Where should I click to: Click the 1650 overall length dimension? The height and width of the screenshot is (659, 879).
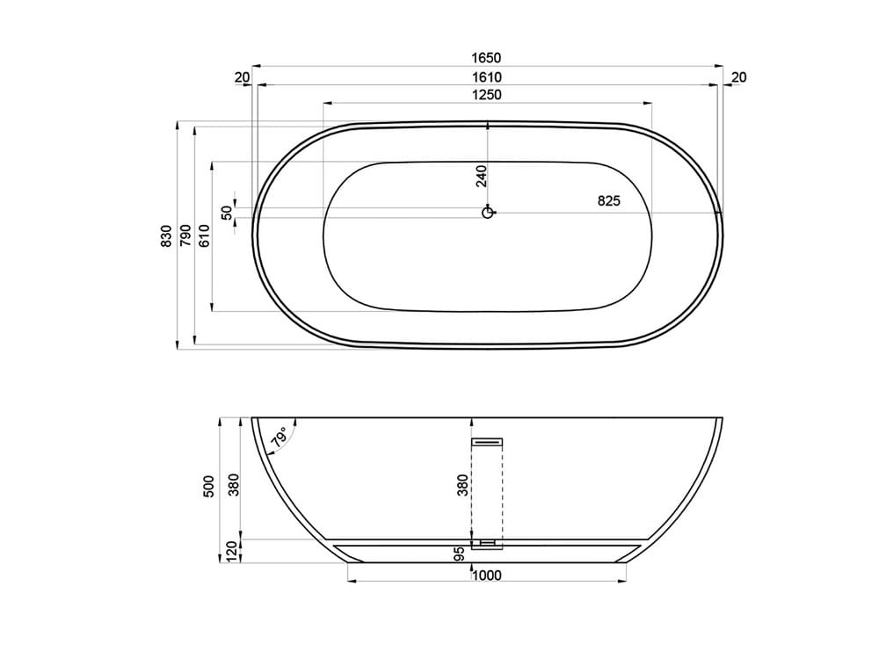click(485, 58)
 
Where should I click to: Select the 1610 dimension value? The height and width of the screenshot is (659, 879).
click(485, 77)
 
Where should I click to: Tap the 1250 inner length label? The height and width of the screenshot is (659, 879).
click(485, 95)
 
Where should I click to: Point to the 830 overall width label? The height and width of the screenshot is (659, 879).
click(166, 235)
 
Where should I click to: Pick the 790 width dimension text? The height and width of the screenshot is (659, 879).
click(185, 235)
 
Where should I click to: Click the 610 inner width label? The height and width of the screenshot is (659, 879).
click(203, 235)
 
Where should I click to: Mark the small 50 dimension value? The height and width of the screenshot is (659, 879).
click(227, 212)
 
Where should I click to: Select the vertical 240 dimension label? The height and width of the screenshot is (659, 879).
click(481, 176)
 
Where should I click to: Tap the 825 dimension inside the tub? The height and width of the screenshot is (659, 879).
click(608, 200)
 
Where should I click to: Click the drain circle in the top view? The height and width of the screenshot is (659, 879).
click(488, 212)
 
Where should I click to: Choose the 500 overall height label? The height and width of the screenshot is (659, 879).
click(208, 489)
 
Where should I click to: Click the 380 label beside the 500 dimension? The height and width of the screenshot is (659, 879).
click(233, 484)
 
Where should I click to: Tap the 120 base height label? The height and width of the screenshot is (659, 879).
click(233, 551)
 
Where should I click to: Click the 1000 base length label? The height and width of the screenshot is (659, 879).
click(486, 576)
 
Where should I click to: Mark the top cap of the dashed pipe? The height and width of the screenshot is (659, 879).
click(487, 442)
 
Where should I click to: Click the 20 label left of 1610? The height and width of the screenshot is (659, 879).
click(243, 77)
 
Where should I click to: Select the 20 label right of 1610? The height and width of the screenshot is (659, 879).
click(738, 77)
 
